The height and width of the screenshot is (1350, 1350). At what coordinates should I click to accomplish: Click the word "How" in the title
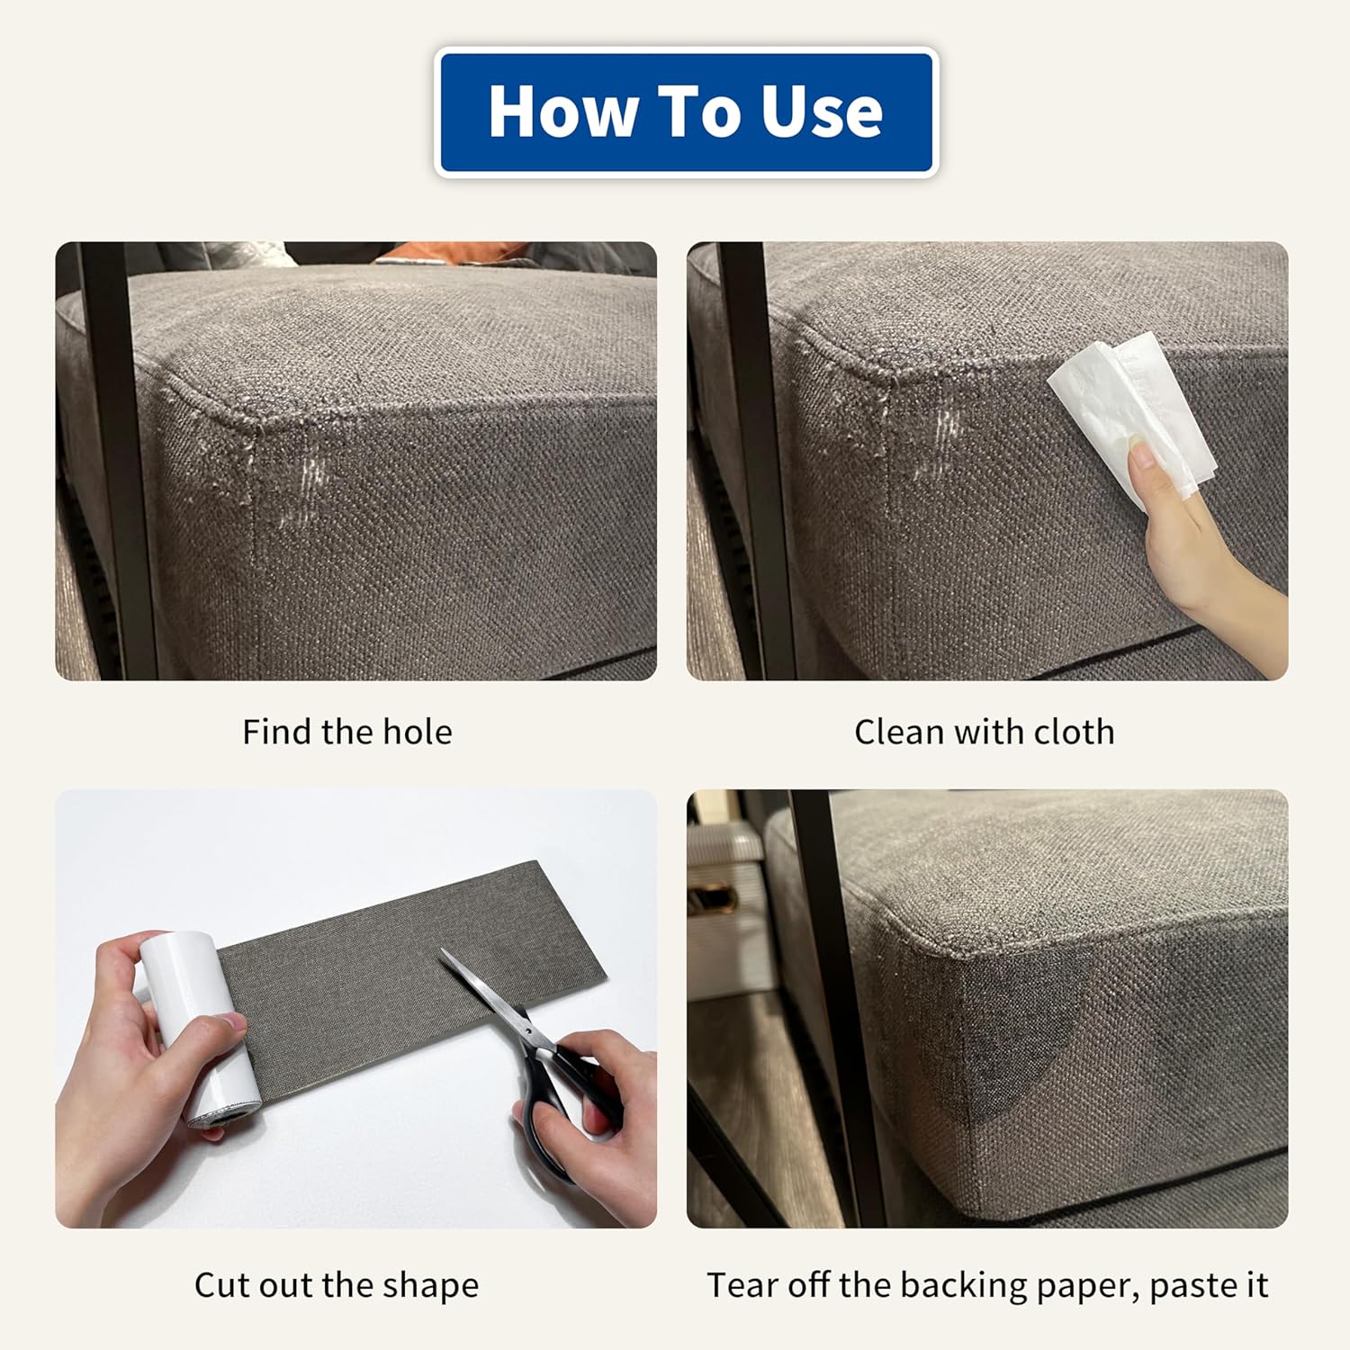pyautogui.click(x=562, y=112)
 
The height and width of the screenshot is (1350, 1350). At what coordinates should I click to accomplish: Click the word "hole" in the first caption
pyautogui.click(x=417, y=732)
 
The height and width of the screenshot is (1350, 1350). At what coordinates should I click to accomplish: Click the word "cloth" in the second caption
pyautogui.click(x=1075, y=732)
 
